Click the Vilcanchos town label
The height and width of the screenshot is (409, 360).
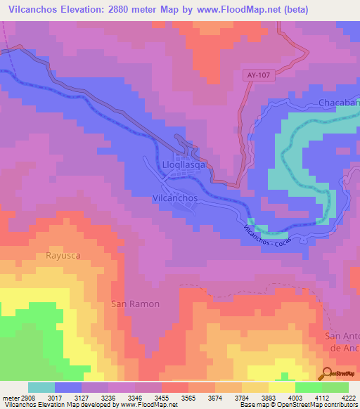(x=175, y=199)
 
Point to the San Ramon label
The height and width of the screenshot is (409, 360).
(x=136, y=304)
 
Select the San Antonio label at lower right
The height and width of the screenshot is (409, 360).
(x=343, y=342)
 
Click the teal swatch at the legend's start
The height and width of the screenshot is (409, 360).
(x=41, y=387)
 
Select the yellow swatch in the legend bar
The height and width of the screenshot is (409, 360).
(x=281, y=387)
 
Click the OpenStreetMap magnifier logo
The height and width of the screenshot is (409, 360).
(x=328, y=373)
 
